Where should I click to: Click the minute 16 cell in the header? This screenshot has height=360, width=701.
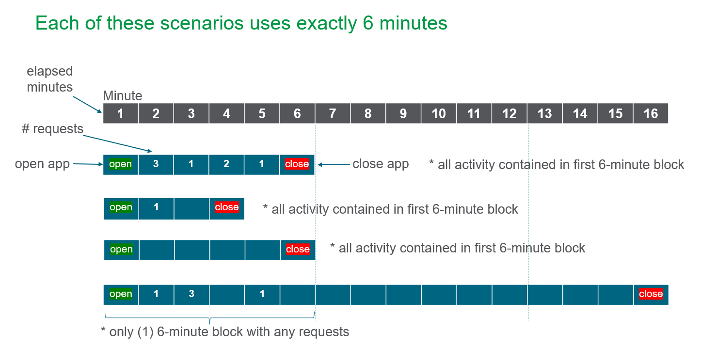[x=651, y=113]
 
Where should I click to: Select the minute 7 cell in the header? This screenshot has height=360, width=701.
[x=333, y=113]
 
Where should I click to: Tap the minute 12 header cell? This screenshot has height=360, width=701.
[x=510, y=113]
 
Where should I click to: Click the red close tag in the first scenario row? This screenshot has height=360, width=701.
[x=297, y=164]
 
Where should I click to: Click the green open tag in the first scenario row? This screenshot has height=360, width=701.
[x=121, y=164]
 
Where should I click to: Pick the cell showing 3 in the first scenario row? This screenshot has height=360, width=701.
[x=156, y=164]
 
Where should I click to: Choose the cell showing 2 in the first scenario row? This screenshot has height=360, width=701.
[x=226, y=164]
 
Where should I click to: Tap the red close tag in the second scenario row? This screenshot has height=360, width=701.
[x=227, y=207]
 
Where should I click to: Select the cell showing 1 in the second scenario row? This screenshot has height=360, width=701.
[x=156, y=207]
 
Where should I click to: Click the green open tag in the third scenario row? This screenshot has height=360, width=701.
[x=121, y=250]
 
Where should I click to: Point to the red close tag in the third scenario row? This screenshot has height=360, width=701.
[x=298, y=250]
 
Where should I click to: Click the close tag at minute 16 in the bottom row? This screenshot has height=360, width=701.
[x=651, y=294]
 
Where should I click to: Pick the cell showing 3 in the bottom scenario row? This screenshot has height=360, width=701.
[x=191, y=294]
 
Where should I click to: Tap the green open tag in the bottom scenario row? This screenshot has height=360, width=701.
[x=121, y=294]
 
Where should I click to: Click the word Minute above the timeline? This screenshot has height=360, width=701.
[x=123, y=96]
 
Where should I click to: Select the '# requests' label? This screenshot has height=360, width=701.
[x=52, y=129]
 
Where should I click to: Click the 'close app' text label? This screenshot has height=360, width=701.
[x=381, y=164]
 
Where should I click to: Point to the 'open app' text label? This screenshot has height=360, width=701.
[x=43, y=164]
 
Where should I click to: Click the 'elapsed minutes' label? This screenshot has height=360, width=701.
[x=49, y=79]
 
